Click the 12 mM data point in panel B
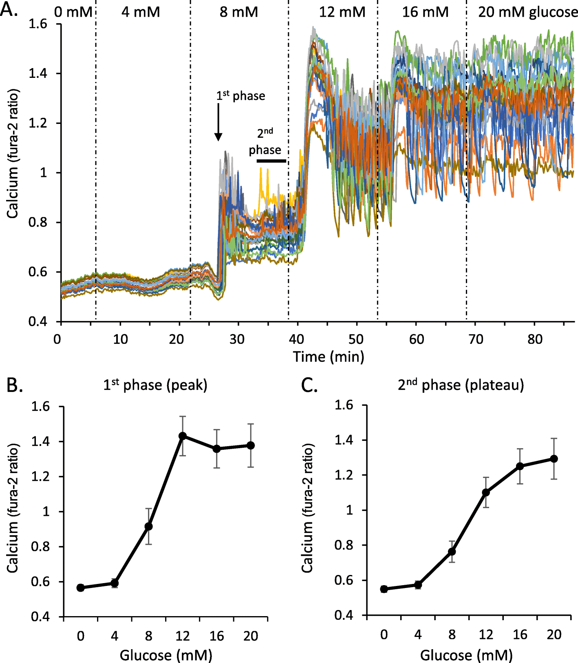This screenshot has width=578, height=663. pos(183,436)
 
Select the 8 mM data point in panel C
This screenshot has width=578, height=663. pos(452,551)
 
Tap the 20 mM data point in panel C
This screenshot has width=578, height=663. pos(554,459)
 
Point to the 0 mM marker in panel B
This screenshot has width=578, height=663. pos(81,588)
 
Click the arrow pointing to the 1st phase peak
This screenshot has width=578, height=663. pos(218,122)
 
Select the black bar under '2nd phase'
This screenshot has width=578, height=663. pos(271,161)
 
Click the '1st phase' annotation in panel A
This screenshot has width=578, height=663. pos(240,96)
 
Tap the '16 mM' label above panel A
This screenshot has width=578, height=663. pos(425,12)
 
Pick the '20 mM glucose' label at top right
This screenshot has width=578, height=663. pos(527,12)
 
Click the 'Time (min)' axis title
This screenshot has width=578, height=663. pos(329,357)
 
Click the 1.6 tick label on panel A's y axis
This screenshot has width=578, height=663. pos(38,24)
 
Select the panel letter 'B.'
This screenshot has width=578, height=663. pos(15,385)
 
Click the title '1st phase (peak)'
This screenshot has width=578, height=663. pos(155,385)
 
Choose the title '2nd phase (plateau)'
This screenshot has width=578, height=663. pos(461,385)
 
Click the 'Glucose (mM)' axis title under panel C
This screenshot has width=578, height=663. pos(466,655)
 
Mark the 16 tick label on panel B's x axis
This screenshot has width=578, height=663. pos(216,636)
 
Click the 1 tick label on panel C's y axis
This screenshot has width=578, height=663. pos(349,510)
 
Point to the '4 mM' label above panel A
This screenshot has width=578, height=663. pos(141,12)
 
